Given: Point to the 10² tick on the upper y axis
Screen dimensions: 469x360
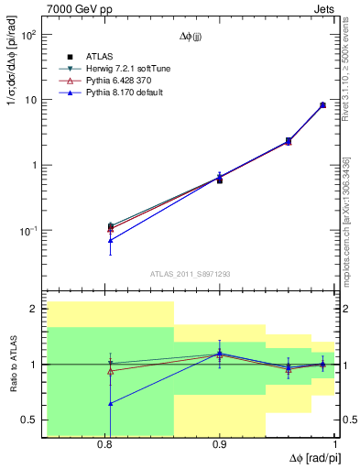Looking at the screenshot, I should pyautogui.click(x=27, y=35).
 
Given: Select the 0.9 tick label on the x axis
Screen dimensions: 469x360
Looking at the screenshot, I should pyautogui.click(x=220, y=444).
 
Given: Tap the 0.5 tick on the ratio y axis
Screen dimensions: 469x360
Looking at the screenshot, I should pyautogui.click(x=28, y=420).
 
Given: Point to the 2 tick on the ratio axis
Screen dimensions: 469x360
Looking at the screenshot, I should pyautogui.click(x=33, y=310).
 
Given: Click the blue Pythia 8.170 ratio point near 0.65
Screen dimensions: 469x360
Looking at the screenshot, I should pyautogui.click(x=110, y=403).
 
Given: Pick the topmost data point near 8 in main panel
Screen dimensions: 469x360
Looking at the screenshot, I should pyautogui.click(x=322, y=104).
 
